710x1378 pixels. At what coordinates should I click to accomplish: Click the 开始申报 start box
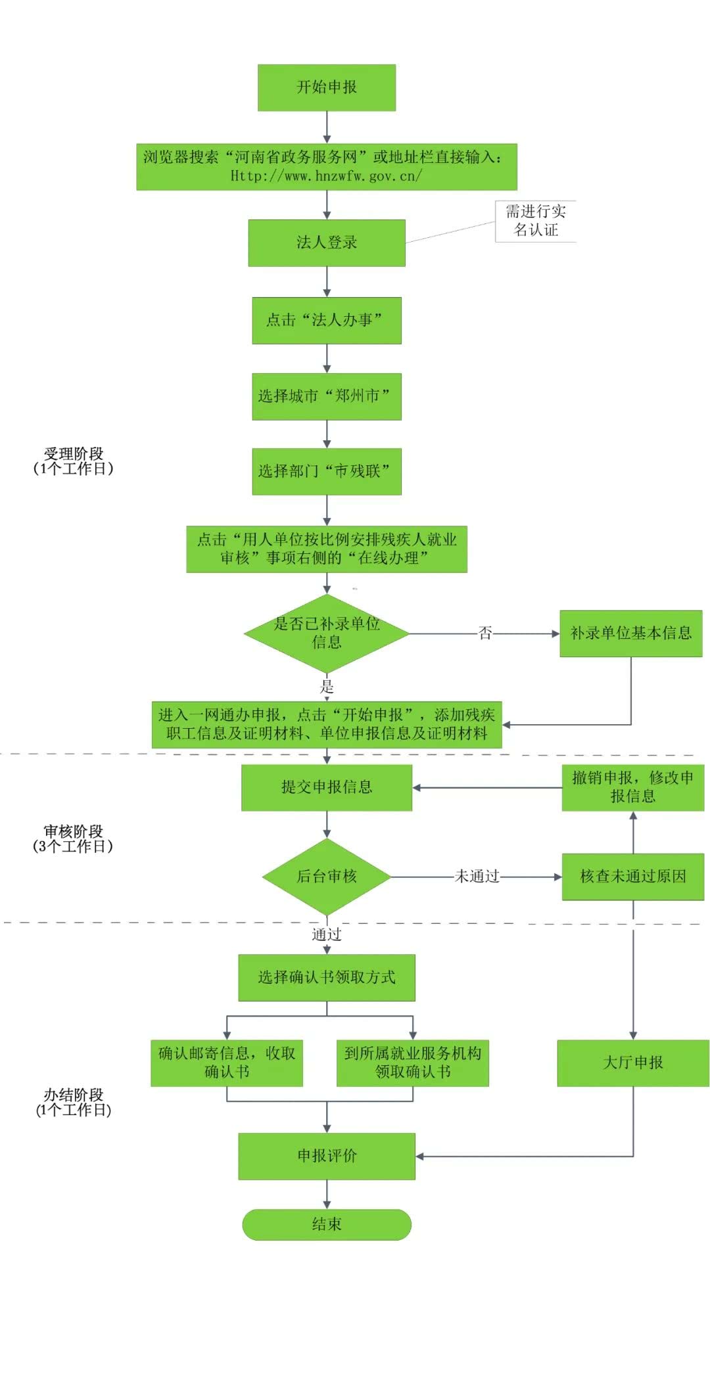[x=327, y=87]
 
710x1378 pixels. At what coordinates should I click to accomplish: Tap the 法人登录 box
[x=327, y=242]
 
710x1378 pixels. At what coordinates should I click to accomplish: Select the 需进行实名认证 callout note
[x=535, y=221]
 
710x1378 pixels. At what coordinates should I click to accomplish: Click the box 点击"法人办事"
[x=327, y=321]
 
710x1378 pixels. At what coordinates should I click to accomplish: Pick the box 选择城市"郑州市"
[x=327, y=396]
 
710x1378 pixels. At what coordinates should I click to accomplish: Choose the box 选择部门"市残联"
[x=327, y=471]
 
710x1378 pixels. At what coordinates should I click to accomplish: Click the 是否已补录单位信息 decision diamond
[x=327, y=633]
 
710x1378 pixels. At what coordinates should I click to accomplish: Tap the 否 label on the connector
[x=485, y=633]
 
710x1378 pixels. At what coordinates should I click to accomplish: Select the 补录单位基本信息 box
[x=630, y=633]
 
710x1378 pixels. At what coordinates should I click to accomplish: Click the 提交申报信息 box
[x=327, y=787]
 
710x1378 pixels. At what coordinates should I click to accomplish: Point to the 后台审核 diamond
[x=327, y=876]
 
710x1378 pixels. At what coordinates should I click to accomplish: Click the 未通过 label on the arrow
[x=477, y=877]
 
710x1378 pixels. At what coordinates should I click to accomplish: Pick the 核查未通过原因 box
[x=632, y=877]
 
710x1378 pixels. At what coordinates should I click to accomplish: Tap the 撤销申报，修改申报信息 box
[x=632, y=787]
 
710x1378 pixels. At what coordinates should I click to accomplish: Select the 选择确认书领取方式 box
[x=327, y=978]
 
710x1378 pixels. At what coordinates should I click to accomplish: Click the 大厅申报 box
[x=632, y=1063]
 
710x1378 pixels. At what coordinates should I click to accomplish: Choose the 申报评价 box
[x=327, y=1156]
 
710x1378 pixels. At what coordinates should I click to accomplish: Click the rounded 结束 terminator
[x=327, y=1224]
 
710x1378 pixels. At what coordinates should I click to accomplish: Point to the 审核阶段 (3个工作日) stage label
[x=73, y=839]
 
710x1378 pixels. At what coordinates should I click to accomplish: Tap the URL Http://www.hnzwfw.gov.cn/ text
[x=326, y=176]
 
